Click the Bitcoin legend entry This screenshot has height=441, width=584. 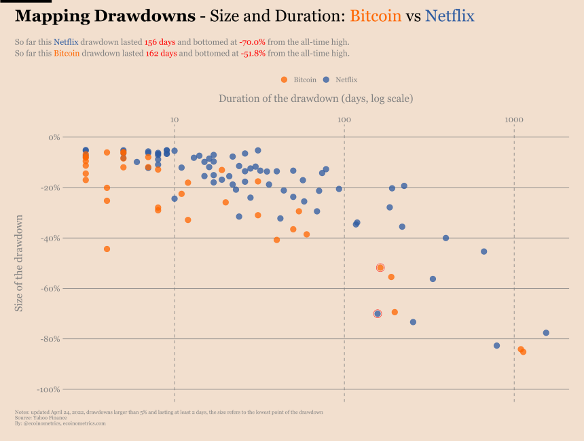[299, 80]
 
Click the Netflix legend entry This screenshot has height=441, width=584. [341, 80]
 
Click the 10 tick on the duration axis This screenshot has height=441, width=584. [175, 120]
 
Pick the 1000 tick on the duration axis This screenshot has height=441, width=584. [514, 120]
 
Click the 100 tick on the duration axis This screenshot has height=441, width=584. [344, 120]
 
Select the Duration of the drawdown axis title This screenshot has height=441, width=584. [316, 99]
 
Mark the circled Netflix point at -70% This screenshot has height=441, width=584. [378, 313]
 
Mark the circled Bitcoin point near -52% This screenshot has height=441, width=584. [380, 268]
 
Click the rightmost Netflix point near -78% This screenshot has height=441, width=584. [546, 333]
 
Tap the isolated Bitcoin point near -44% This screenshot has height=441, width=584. [107, 249]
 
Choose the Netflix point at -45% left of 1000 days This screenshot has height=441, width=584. [484, 251]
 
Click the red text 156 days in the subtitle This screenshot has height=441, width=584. [160, 42]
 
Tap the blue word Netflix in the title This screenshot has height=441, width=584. [450, 16]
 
